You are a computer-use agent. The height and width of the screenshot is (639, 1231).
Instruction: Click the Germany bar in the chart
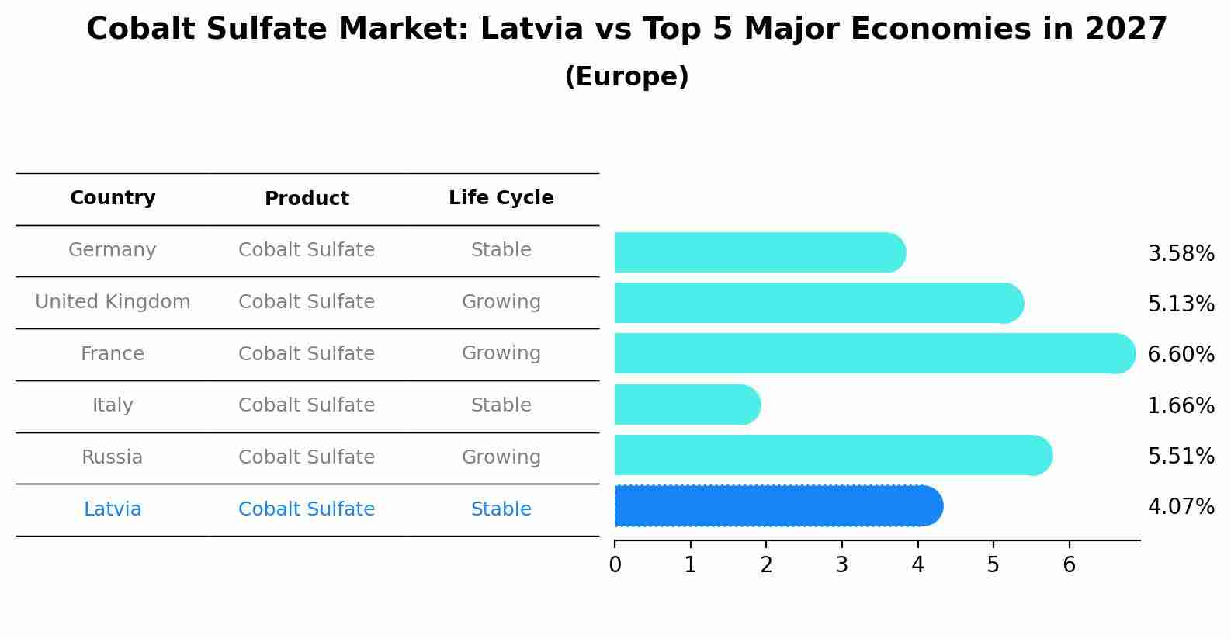click(x=759, y=252)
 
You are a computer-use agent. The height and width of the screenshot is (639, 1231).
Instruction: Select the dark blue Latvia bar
click(x=778, y=506)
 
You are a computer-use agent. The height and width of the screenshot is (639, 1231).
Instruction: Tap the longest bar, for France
click(x=874, y=353)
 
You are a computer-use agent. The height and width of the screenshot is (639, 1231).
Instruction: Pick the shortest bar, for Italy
click(x=687, y=405)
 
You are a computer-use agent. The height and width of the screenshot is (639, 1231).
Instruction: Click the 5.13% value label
click(x=1181, y=304)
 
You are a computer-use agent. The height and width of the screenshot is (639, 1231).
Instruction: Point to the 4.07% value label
click(x=1181, y=507)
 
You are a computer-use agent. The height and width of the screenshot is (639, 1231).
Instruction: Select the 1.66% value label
click(x=1181, y=405)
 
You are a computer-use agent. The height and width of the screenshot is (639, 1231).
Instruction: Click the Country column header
click(x=113, y=198)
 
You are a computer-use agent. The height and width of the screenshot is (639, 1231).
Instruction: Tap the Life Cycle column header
click(x=501, y=198)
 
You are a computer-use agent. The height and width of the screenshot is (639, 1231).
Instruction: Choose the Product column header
click(x=307, y=199)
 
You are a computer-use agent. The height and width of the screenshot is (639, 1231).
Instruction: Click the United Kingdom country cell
click(x=113, y=302)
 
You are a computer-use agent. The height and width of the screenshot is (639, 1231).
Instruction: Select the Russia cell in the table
click(x=113, y=457)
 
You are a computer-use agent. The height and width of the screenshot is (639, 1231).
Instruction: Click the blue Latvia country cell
click(x=113, y=509)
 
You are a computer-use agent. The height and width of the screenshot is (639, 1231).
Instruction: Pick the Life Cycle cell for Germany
click(x=501, y=250)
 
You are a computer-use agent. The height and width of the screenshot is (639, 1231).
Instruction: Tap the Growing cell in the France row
click(x=501, y=353)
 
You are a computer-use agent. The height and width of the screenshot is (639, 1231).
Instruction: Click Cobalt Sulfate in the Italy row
click(x=307, y=405)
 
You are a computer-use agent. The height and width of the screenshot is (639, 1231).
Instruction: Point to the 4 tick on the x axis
click(x=917, y=564)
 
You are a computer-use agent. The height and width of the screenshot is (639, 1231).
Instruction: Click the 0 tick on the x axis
click(x=615, y=564)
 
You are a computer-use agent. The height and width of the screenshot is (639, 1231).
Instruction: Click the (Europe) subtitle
click(x=626, y=77)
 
